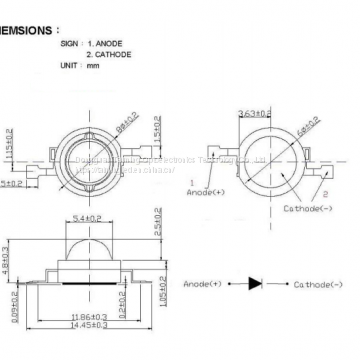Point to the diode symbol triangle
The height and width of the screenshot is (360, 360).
(254, 284)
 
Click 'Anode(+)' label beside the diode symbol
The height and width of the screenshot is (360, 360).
(205, 284)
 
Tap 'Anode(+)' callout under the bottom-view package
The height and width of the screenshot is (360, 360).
(207, 190)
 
